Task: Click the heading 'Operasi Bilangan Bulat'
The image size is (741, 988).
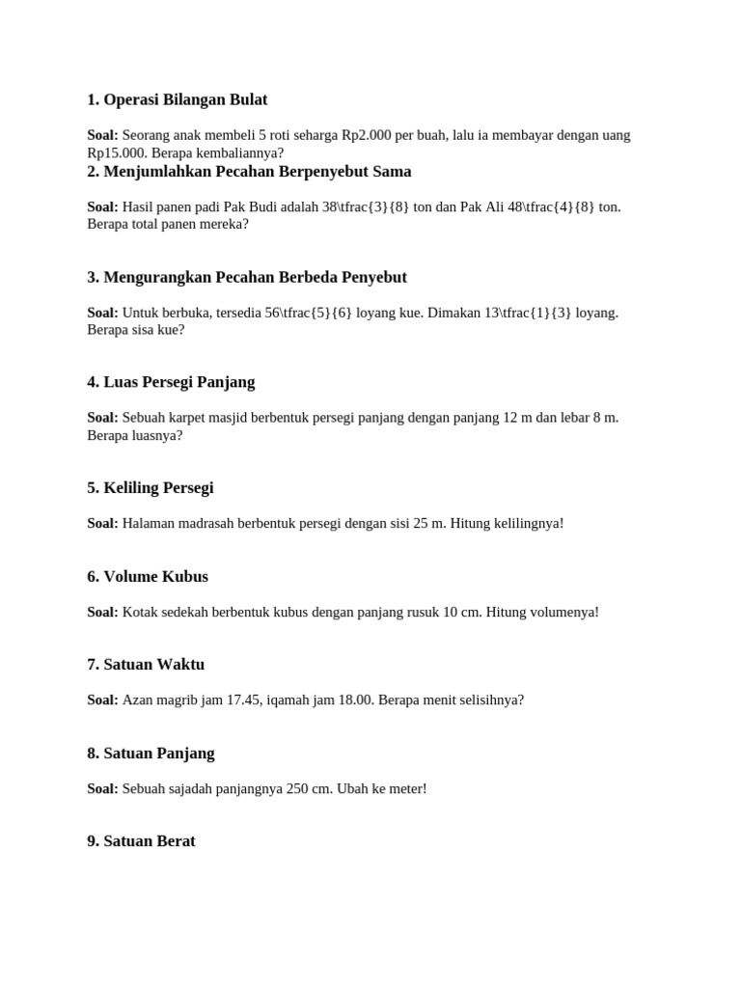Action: coord(177,99)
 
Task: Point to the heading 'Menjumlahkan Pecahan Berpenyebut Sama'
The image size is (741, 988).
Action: coord(249,171)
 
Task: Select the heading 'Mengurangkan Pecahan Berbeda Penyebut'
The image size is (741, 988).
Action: coord(246,277)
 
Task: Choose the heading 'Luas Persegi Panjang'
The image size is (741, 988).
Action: coord(171,382)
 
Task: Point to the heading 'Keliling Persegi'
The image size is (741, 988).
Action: coord(150,487)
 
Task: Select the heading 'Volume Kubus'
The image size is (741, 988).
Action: coord(147,576)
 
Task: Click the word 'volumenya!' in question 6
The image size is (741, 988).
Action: coord(563,612)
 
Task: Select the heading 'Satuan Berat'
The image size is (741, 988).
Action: coord(141,840)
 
